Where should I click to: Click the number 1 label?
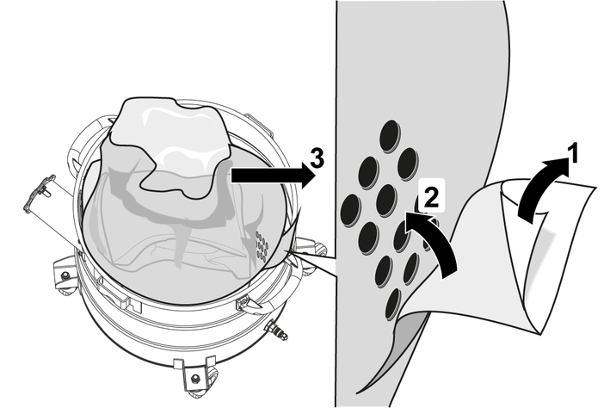click(572, 153)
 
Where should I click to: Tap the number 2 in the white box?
click(431, 196)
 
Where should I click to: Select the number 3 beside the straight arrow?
click(317, 158)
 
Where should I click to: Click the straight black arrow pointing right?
click(274, 176)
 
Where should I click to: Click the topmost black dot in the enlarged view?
click(390, 136)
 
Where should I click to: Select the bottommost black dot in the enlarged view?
click(393, 304)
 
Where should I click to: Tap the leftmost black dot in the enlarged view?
click(350, 210)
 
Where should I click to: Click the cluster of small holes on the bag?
click(262, 246)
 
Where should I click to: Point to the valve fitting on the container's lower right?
click(276, 328)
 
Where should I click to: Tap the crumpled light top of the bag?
click(171, 144)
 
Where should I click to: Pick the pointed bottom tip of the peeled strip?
click(357, 393)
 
